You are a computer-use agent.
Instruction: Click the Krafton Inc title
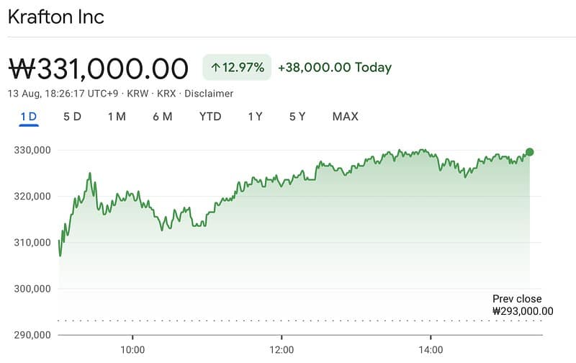tap(56, 17)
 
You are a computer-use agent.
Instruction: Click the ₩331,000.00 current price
tap(99, 68)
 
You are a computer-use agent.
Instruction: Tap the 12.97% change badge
tap(237, 68)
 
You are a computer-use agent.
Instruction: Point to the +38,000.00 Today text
tap(336, 68)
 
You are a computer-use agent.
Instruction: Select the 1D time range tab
tap(29, 117)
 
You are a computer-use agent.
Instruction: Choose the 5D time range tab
tap(72, 117)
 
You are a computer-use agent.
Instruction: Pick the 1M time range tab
tap(117, 117)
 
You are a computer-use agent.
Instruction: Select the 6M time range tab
tap(162, 117)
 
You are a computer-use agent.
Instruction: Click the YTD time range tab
tap(210, 117)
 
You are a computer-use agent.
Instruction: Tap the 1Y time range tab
tap(255, 117)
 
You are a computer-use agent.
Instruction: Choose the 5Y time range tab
tap(298, 117)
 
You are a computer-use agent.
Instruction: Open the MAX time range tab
tap(345, 117)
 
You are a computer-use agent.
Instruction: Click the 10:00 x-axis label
tap(132, 350)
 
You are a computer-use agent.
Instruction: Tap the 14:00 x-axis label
tap(431, 350)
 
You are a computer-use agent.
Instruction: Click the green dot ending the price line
tap(530, 152)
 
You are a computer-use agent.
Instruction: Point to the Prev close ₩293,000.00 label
tap(522, 305)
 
